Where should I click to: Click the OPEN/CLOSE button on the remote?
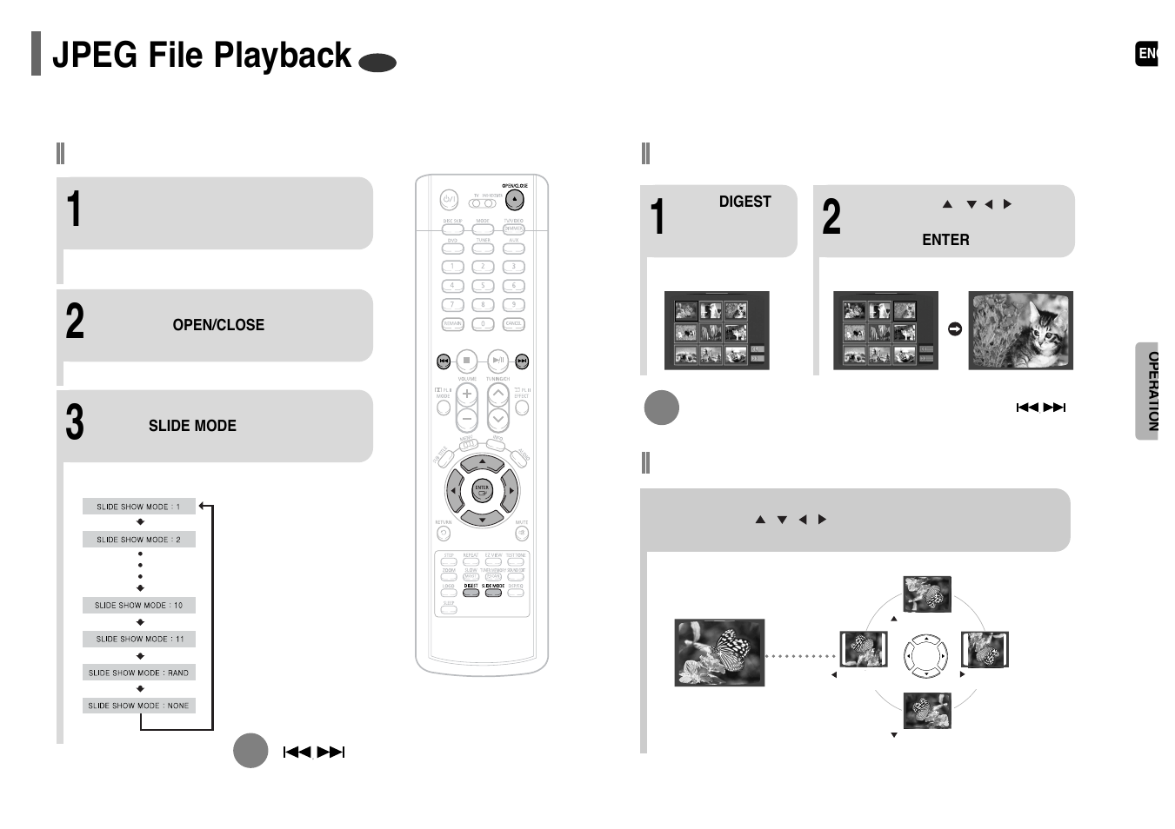pos(515,200)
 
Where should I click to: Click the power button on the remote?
pos(449,200)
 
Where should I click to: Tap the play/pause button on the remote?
pos(497,360)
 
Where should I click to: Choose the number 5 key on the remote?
pos(483,286)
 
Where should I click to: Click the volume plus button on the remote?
pos(467,395)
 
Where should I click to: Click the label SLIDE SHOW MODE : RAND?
pos(139,673)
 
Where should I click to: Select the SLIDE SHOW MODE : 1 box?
pos(139,507)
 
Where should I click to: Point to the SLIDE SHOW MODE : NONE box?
pos(139,706)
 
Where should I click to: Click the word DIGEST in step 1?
pos(744,202)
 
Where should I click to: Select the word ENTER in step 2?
pos(945,240)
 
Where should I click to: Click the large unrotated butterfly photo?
pos(719,653)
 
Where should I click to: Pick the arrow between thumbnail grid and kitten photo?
pos(954,329)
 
